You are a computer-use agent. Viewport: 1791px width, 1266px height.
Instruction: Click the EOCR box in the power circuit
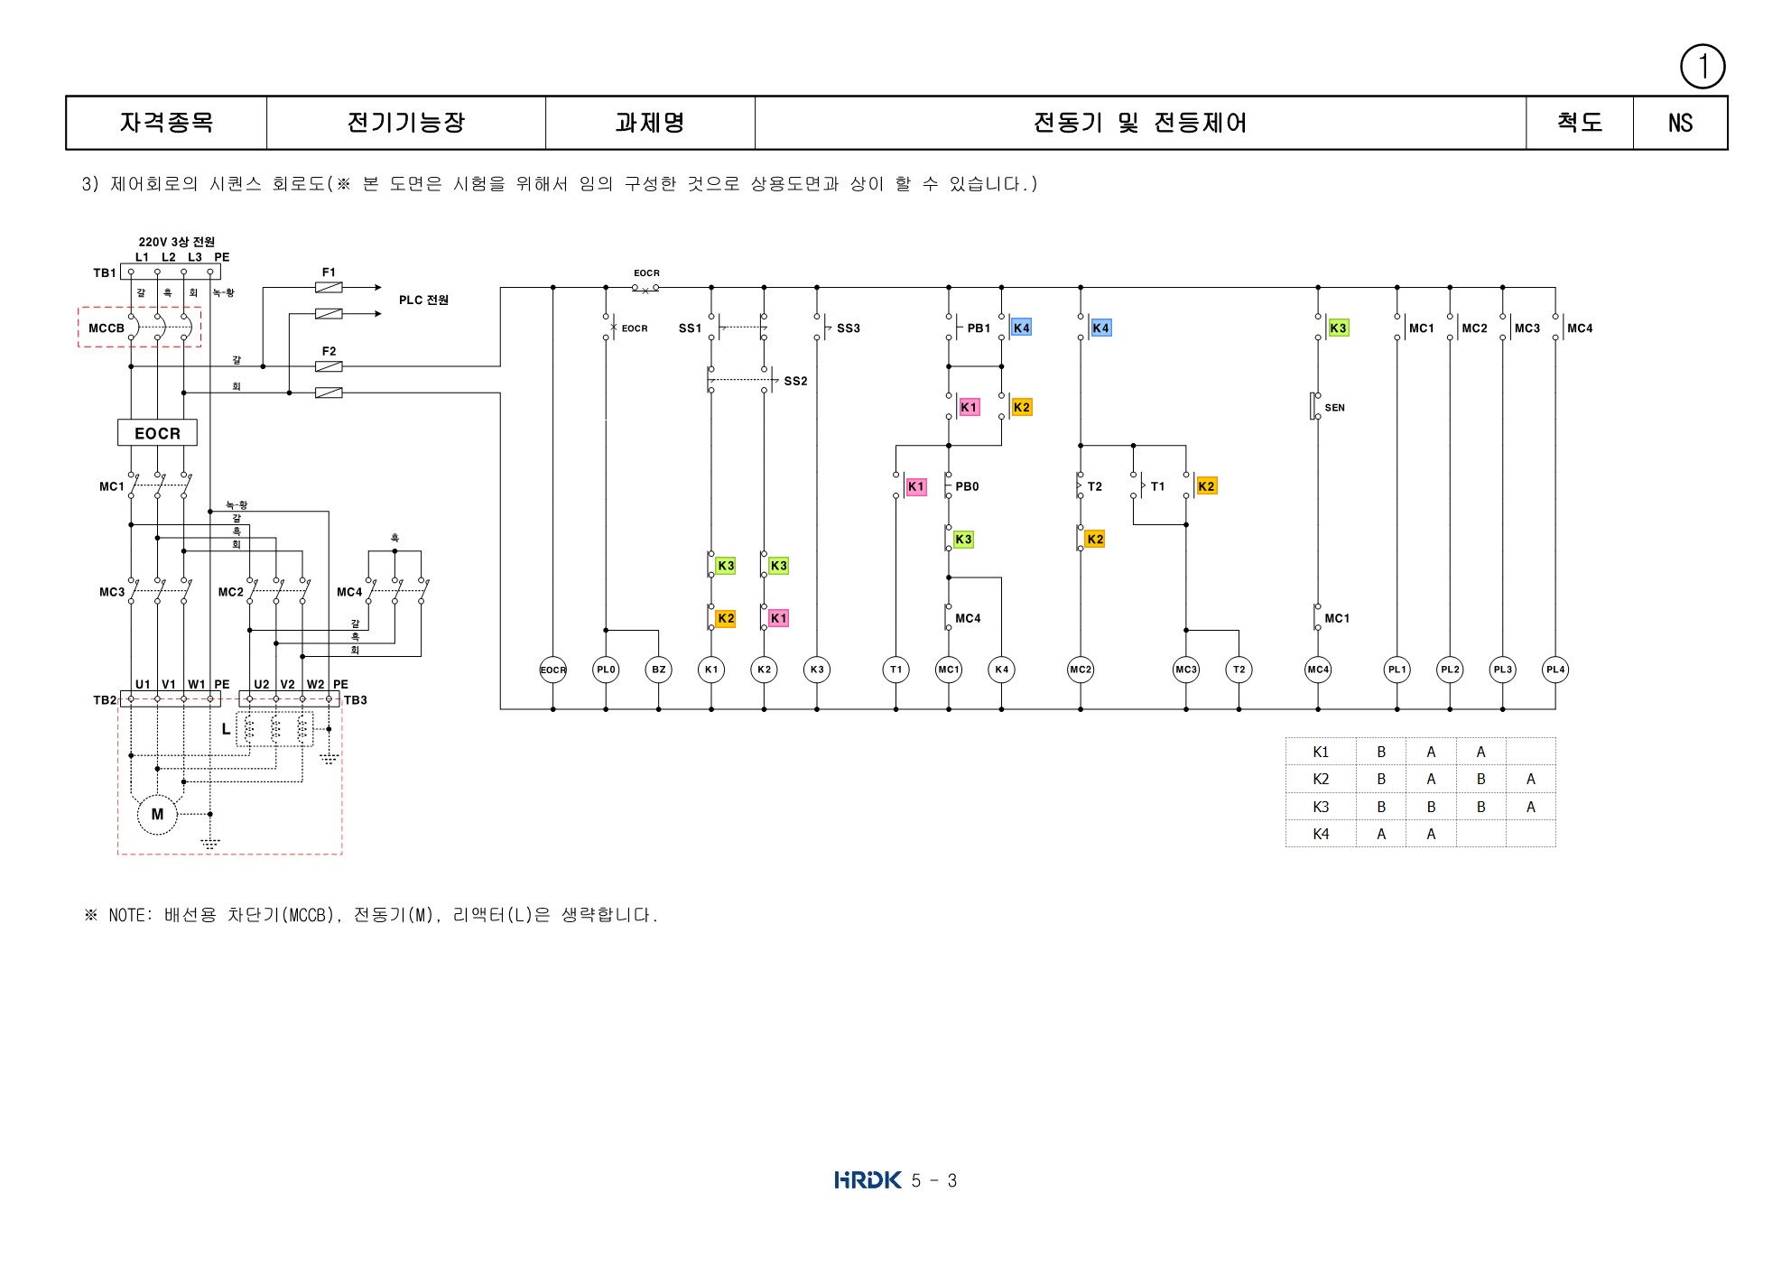point(157,433)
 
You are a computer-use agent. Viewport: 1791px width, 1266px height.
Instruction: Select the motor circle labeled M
point(157,814)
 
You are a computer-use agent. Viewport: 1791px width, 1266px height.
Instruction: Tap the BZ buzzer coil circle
point(658,670)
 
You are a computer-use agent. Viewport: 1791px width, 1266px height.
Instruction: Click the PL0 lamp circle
point(606,670)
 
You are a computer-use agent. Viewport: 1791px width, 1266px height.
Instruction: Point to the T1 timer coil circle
point(895,670)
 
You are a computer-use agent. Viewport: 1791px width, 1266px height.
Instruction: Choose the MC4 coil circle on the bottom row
point(1318,670)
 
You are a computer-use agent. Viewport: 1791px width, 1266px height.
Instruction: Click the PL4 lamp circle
point(1555,670)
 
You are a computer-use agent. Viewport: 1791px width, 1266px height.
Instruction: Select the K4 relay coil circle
point(1001,670)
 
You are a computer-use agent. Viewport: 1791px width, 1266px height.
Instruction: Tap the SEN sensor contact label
point(1334,408)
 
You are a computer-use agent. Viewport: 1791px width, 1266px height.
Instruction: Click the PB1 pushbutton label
point(979,328)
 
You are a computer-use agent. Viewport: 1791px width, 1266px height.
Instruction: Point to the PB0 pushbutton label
point(967,486)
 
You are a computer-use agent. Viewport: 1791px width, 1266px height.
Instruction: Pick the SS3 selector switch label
point(848,328)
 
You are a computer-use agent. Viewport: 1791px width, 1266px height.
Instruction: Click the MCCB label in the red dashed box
point(107,328)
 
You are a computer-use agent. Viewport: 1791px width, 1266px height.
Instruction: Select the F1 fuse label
point(329,272)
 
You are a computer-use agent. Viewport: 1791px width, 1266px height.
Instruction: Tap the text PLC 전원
point(423,300)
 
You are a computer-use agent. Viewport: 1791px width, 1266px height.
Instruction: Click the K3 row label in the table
point(1321,807)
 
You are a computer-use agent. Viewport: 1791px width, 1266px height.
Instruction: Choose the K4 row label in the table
point(1321,834)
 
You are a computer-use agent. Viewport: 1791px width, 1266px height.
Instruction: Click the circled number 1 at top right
point(1703,67)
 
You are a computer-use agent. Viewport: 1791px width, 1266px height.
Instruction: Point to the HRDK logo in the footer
point(868,1179)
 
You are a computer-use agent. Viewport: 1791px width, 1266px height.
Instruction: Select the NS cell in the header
point(1680,123)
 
